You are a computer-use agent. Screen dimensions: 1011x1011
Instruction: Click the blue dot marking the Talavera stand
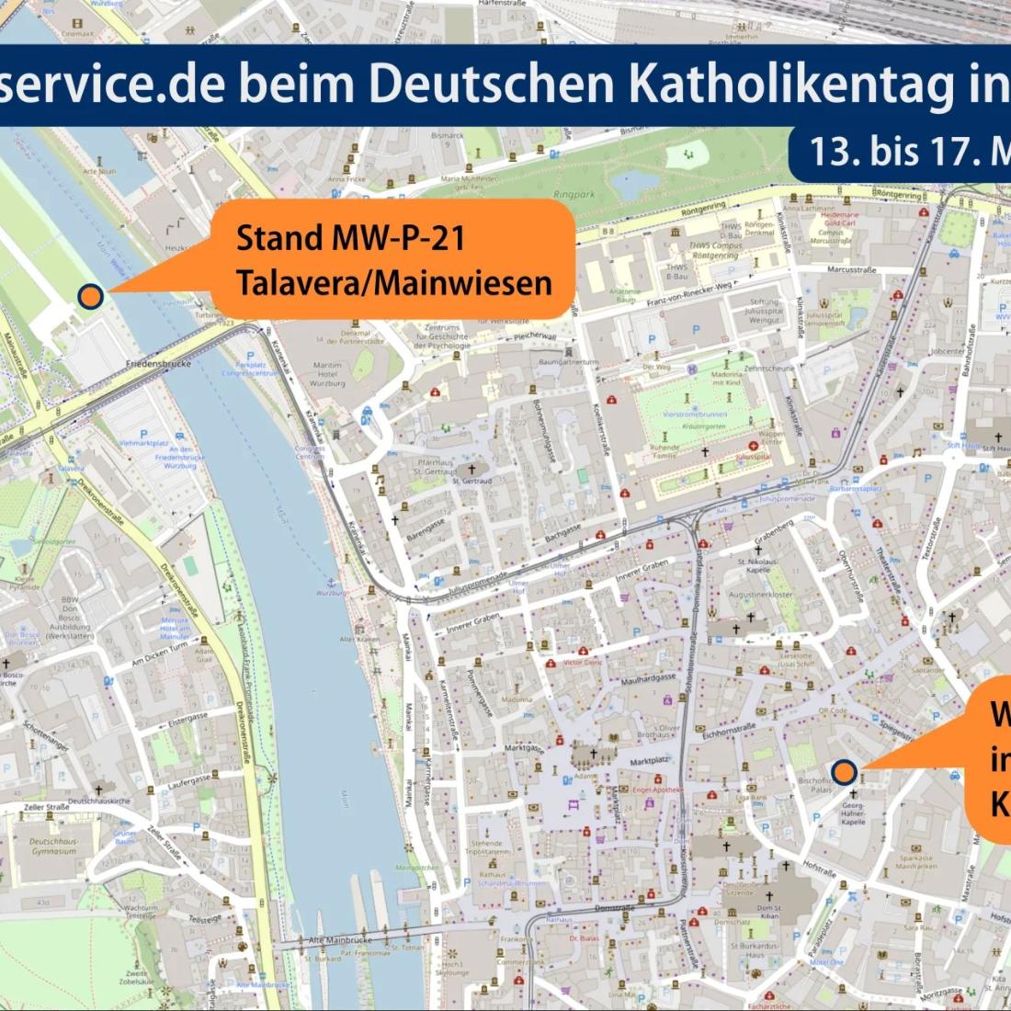point(90,295)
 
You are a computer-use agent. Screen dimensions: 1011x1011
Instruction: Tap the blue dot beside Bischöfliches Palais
point(843,772)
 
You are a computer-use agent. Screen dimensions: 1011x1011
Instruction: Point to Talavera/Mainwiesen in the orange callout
point(393,281)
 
